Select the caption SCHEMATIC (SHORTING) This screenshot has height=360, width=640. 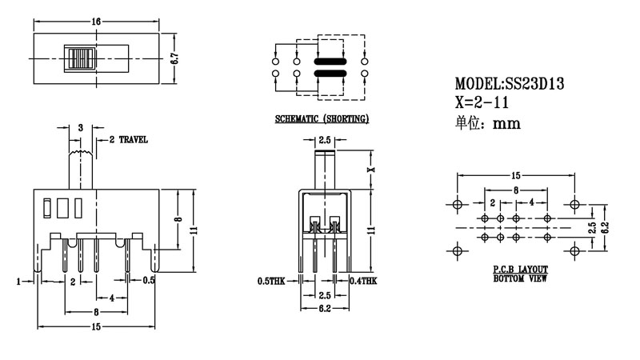[x=322, y=120]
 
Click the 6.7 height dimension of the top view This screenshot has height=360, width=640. [x=174, y=60]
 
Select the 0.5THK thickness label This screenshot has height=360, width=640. [x=272, y=281]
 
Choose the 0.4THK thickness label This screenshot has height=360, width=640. [x=363, y=281]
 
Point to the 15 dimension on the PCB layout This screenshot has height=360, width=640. [x=515, y=174]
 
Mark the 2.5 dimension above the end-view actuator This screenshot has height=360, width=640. [x=325, y=142]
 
